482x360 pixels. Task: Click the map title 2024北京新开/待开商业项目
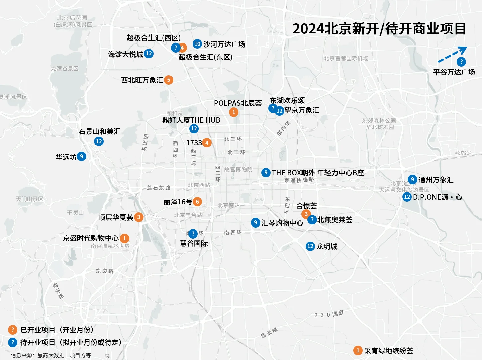(379, 29)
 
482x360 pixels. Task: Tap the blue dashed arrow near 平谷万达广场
(452, 55)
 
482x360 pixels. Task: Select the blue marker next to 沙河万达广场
(197, 44)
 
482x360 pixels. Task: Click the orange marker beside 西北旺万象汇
(169, 80)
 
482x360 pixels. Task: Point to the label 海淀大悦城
(126, 54)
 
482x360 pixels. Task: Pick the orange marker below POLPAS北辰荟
(234, 112)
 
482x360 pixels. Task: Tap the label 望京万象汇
(302, 110)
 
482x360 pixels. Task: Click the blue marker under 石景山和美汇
(99, 141)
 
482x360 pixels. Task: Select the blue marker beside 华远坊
(81, 156)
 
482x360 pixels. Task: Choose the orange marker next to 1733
(207, 143)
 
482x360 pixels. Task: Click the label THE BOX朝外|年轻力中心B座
(318, 173)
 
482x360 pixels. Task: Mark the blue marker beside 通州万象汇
(412, 180)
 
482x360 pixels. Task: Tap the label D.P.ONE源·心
(438, 197)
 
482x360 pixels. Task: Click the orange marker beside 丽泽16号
(197, 202)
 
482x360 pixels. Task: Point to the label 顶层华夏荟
(116, 217)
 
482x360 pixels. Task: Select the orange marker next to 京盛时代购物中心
(124, 238)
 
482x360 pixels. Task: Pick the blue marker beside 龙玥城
(310, 246)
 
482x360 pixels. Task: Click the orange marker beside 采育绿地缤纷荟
(358, 350)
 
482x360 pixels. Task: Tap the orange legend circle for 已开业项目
(13, 330)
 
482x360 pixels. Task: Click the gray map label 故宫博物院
(238, 170)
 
